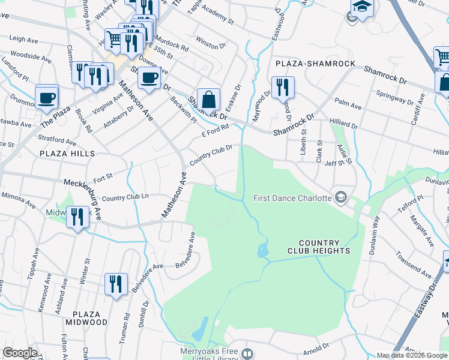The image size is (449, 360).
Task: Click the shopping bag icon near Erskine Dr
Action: [208, 100]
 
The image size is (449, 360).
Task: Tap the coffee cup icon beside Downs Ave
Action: [149, 77]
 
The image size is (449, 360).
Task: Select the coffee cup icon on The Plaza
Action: [46, 97]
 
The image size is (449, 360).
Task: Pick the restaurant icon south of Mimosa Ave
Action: [77, 216]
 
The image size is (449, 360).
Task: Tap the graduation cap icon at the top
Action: [363, 8]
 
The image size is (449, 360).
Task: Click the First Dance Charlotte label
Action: [292, 198]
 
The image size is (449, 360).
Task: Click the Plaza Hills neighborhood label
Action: [67, 154]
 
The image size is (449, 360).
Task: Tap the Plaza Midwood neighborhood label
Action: [89, 318]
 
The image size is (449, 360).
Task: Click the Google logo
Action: [20, 353]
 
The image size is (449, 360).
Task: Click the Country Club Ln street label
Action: [125, 197]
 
